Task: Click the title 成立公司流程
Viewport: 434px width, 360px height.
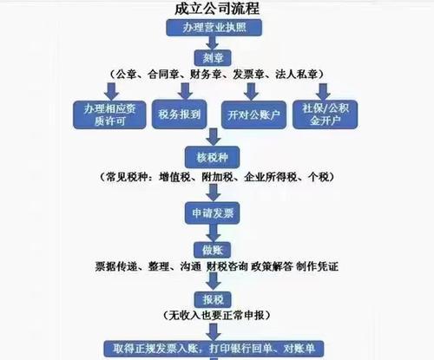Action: coord(217,9)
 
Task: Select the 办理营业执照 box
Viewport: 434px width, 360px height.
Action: coord(214,28)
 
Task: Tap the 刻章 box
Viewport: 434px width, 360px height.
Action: coord(213,58)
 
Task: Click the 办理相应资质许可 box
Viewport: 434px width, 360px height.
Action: coord(109,115)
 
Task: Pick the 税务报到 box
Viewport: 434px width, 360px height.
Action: coord(180,115)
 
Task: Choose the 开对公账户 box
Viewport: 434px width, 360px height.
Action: coord(253,115)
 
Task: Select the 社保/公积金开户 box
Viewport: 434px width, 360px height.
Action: coord(325,115)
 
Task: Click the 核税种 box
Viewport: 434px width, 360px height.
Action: coord(213,158)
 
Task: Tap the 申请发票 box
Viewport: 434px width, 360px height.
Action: coord(213,213)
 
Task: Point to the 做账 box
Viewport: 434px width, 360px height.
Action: coord(213,250)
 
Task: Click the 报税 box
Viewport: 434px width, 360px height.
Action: coord(213,299)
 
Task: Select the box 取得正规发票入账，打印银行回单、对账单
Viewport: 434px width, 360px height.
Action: coord(214,349)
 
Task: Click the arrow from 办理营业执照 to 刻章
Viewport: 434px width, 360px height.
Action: coord(213,43)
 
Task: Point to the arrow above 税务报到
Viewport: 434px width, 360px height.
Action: coord(185,91)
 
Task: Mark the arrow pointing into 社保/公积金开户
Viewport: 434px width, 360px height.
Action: coord(323,92)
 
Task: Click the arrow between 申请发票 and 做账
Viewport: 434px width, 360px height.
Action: coord(214,233)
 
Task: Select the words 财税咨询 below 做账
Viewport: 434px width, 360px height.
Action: coord(227,266)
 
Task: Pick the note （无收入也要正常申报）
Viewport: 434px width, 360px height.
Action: coord(217,315)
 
